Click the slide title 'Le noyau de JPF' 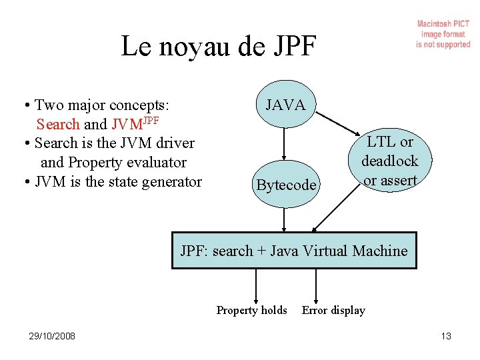(x=219, y=47)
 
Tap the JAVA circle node (x=285, y=105)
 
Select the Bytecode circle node (x=285, y=185)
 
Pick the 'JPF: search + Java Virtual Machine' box (x=294, y=251)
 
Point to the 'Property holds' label (x=252, y=310)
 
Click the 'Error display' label (x=333, y=310)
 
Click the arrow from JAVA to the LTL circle (x=340, y=123)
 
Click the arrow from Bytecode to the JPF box (x=285, y=219)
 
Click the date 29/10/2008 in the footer (x=47, y=336)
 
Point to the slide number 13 (x=446, y=336)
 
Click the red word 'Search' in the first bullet (x=58, y=124)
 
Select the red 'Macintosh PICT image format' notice (x=443, y=34)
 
